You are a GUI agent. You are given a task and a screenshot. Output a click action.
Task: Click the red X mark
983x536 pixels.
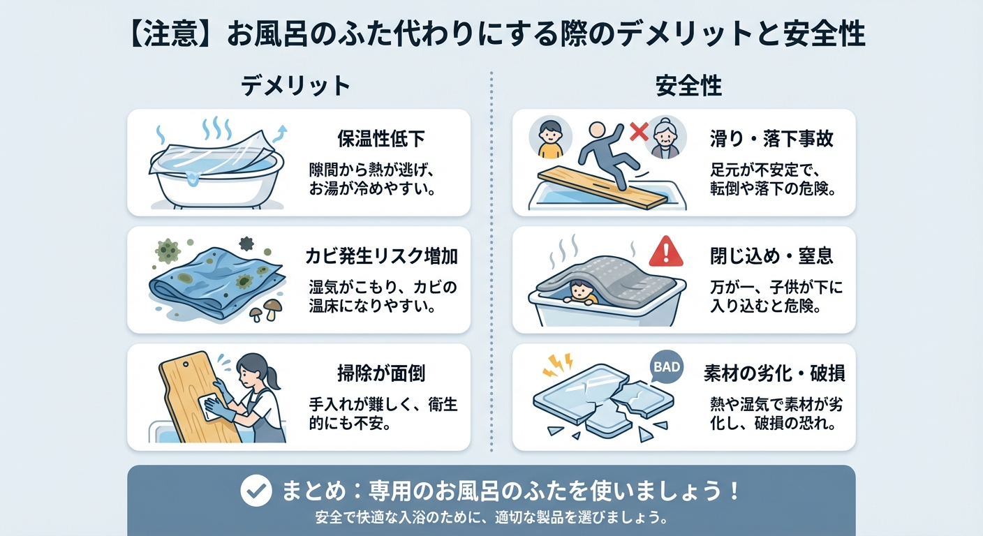click(636, 131)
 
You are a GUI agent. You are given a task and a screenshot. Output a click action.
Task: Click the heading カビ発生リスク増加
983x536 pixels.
click(382, 256)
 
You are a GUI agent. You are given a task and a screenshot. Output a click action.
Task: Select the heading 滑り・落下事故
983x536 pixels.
click(771, 139)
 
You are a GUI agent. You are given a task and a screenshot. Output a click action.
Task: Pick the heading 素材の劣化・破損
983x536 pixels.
click(774, 373)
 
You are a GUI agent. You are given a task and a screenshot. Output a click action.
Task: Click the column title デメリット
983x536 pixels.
click(295, 86)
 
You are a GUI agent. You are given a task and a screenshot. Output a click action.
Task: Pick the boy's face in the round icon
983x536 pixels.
click(550, 134)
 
